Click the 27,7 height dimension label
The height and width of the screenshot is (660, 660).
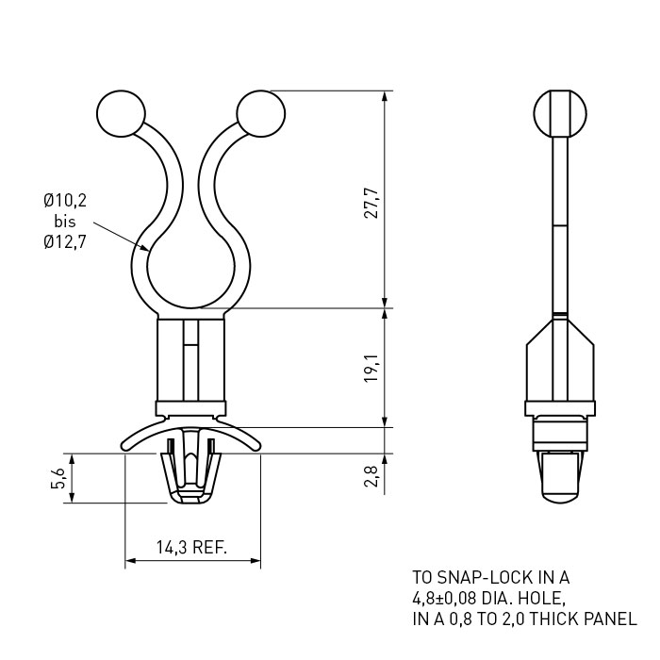pos(371,203)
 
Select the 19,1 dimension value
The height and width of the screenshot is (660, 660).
pos(371,368)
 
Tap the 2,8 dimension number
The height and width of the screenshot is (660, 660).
pos(371,476)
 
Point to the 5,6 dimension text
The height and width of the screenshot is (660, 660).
pos(58,478)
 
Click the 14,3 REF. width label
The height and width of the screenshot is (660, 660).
pos(192,547)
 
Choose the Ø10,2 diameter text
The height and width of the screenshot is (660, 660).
pos(65,200)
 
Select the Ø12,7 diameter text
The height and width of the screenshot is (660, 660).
pos(65,242)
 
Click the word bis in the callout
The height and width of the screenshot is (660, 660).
pos(65,221)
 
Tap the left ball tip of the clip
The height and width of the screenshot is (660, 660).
pos(121,114)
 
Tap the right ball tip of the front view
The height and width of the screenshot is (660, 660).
pos(261,114)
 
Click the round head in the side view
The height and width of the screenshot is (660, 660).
pos(560,114)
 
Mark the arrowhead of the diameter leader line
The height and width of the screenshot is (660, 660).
pos(145,248)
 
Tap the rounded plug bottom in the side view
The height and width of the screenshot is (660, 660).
pos(560,497)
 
